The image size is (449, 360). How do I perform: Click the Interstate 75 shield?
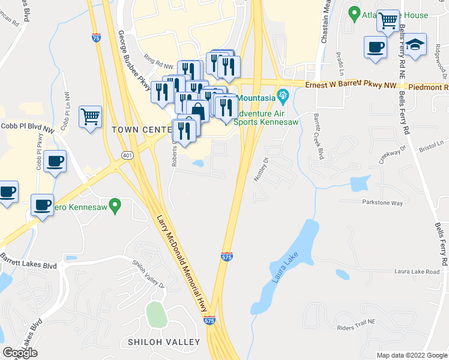[x=97, y=37]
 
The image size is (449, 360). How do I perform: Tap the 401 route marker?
[x=127, y=155]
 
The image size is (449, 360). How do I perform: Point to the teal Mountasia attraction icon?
[x=283, y=94]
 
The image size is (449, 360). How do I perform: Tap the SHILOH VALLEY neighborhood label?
[x=163, y=342]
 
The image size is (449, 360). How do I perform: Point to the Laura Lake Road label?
[x=417, y=272]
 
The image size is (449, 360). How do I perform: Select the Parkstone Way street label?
[x=382, y=203]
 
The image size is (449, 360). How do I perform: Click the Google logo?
[x=20, y=353]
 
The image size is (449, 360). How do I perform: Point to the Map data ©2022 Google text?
[x=412, y=355]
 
